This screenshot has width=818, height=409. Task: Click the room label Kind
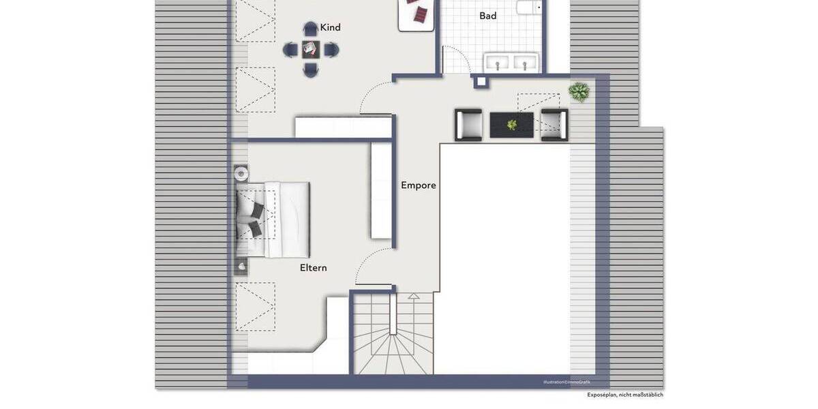330,28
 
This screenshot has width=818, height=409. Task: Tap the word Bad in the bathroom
487,16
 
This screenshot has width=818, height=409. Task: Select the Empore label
418,185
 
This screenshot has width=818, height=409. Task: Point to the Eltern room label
313,268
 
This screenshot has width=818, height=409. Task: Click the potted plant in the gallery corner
579,92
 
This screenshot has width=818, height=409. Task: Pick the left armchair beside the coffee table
469,125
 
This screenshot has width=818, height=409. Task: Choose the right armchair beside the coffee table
554,125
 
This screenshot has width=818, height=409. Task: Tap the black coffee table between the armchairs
511,125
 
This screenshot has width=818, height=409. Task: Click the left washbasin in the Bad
498,63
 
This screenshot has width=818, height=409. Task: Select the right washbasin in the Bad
524,63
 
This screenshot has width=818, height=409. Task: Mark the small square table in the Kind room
311,49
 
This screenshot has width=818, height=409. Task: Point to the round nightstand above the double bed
241,174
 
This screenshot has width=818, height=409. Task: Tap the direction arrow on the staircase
413,297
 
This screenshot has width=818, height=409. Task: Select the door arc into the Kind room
375,99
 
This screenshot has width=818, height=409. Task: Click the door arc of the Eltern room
372,266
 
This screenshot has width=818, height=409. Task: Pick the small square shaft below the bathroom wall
481,82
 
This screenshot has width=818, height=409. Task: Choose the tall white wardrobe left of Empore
381,191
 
